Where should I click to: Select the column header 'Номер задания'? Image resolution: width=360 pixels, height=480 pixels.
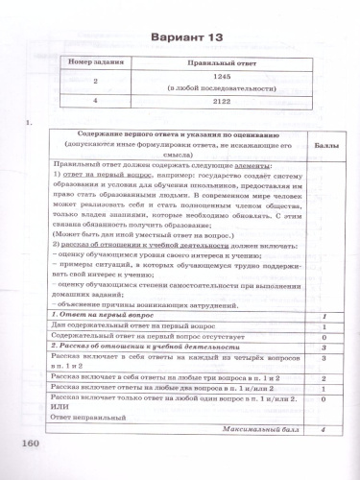(x=93, y=63)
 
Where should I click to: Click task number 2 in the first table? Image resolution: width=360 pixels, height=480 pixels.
(x=93, y=83)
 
